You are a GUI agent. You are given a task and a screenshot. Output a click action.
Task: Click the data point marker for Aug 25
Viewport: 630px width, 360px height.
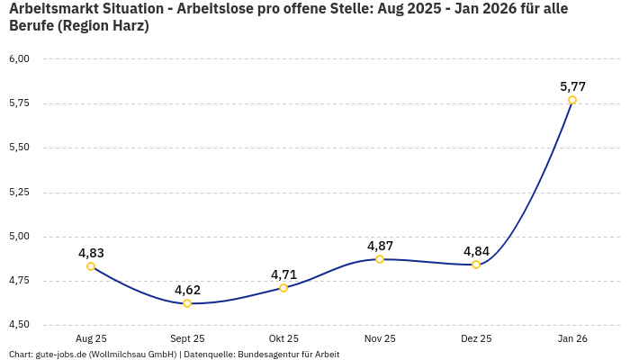click(91, 266)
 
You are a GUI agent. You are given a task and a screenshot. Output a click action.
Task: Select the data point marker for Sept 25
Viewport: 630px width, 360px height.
click(187, 303)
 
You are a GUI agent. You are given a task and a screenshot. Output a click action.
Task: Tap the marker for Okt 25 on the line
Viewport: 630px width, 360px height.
click(283, 288)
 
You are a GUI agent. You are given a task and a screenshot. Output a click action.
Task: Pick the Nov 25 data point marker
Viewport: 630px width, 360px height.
click(380, 259)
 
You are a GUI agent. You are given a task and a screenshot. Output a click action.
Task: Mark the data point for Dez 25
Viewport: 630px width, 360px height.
click(476, 265)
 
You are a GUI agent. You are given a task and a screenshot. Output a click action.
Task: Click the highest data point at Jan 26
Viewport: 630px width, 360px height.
click(572, 100)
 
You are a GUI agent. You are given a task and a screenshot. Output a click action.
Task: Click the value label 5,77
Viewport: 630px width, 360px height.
click(572, 86)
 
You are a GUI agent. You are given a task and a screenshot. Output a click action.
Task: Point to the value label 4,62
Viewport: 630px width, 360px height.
click(187, 290)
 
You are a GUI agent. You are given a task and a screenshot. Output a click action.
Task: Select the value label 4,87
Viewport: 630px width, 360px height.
click(380, 246)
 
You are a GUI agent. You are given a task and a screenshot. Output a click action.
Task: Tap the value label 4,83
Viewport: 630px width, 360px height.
click(91, 253)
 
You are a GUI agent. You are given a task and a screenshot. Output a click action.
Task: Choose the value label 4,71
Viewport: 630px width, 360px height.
click(283, 274)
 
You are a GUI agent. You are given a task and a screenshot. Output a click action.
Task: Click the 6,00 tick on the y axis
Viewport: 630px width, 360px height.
click(19, 58)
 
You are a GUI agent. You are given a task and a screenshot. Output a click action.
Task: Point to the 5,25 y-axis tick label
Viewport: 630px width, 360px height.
click(19, 192)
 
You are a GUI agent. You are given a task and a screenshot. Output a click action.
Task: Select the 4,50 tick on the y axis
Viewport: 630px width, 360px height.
click(19, 325)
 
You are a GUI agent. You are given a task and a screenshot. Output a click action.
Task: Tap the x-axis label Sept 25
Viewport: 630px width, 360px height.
click(187, 339)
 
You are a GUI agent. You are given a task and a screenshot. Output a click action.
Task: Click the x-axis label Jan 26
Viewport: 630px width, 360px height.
click(572, 339)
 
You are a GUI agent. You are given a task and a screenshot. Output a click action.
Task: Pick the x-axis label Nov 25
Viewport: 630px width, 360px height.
click(380, 339)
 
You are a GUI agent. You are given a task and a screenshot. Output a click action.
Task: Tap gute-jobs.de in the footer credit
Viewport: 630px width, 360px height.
click(60, 355)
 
